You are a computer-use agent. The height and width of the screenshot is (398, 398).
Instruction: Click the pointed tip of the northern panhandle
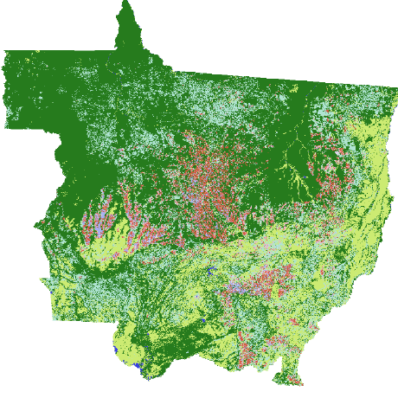pos(126,3)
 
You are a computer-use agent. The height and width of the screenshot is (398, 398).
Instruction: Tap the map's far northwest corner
pos(6,52)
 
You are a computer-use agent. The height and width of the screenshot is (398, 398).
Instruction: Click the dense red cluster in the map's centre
pos(212,173)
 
